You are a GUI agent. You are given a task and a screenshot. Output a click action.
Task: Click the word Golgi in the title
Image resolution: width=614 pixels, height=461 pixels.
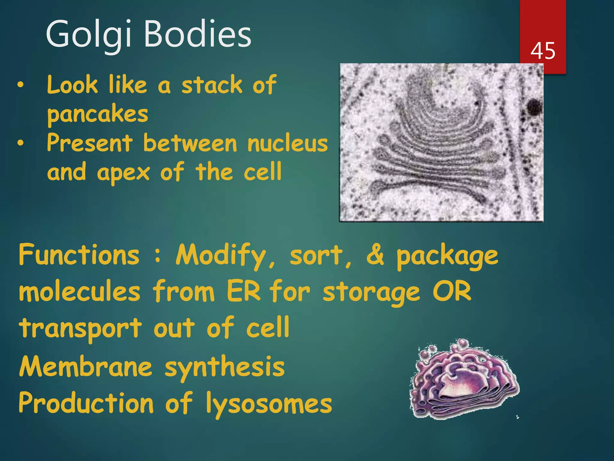88,34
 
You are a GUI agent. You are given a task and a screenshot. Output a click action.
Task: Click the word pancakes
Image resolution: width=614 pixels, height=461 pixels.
98,115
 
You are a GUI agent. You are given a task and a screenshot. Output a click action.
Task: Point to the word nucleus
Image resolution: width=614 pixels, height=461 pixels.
288,143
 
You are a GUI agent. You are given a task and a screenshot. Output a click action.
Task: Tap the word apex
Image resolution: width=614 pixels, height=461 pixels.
123,173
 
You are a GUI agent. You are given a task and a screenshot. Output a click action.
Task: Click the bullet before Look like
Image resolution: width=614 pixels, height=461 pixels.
20,85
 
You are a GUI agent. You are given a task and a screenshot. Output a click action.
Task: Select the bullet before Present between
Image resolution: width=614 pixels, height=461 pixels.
20,143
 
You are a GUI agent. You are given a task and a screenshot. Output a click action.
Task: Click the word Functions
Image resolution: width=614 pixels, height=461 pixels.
79,255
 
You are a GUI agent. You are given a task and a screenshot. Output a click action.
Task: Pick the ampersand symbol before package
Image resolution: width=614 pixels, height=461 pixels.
375,255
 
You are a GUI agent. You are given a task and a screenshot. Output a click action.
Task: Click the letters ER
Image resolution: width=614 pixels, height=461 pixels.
243,291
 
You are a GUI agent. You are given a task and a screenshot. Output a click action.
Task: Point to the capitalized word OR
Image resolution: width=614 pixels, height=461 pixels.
452,291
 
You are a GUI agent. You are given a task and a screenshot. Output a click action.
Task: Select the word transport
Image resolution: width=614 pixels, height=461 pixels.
80,328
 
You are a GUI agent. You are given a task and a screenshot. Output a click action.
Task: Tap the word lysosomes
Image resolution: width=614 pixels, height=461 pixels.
269,404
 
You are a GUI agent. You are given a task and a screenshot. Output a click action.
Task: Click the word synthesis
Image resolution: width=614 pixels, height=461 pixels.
225,367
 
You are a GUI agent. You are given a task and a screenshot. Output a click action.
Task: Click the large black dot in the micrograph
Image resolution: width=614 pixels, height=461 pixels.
534,107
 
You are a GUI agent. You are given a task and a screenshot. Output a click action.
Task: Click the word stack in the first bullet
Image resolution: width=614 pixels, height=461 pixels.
212,85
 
